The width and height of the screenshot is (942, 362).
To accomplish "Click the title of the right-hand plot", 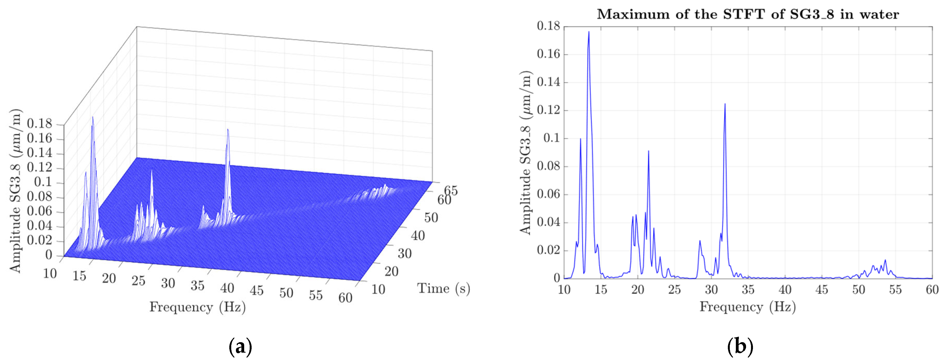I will pyautogui.click(x=748, y=14).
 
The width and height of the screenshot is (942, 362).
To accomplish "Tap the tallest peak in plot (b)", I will pyautogui.click(x=589, y=32).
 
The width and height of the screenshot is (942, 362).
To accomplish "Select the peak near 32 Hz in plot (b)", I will pyautogui.click(x=725, y=105).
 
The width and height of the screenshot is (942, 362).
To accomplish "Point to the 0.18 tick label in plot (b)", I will pyautogui.click(x=548, y=26).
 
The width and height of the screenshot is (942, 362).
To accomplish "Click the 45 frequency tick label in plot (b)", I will pyautogui.click(x=821, y=290).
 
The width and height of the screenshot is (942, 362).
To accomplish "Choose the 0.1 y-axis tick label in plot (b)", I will pyautogui.click(x=551, y=138).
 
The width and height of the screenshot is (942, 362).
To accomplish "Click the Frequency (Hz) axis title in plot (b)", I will pyautogui.click(x=747, y=307).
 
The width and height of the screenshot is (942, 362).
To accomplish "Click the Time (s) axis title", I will pyautogui.click(x=443, y=288).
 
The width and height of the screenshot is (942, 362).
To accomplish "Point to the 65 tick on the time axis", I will pyautogui.click(x=451, y=190).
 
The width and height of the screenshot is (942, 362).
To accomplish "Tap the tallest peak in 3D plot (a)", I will pyautogui.click(x=93, y=118).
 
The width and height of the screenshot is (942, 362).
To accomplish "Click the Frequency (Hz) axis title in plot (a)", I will pyautogui.click(x=198, y=307).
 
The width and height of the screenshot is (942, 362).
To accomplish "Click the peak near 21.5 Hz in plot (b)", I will pyautogui.click(x=648, y=151).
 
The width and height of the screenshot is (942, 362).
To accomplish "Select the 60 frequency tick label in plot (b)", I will pyautogui.click(x=932, y=290).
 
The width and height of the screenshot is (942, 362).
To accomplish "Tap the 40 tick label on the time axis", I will pyautogui.click(x=418, y=236).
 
